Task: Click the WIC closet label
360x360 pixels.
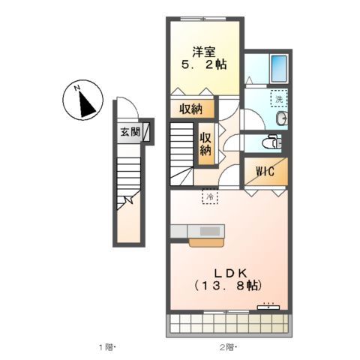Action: pyautogui.click(x=264, y=172)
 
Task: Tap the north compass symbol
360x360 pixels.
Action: pyautogui.click(x=84, y=101)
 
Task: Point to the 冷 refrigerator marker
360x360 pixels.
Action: pyautogui.click(x=211, y=196)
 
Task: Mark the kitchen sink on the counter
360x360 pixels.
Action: pyautogui.click(x=210, y=230)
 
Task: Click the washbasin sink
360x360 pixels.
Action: pyautogui.click(x=280, y=119)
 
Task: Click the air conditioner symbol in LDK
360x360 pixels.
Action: pyautogui.click(x=268, y=306)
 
